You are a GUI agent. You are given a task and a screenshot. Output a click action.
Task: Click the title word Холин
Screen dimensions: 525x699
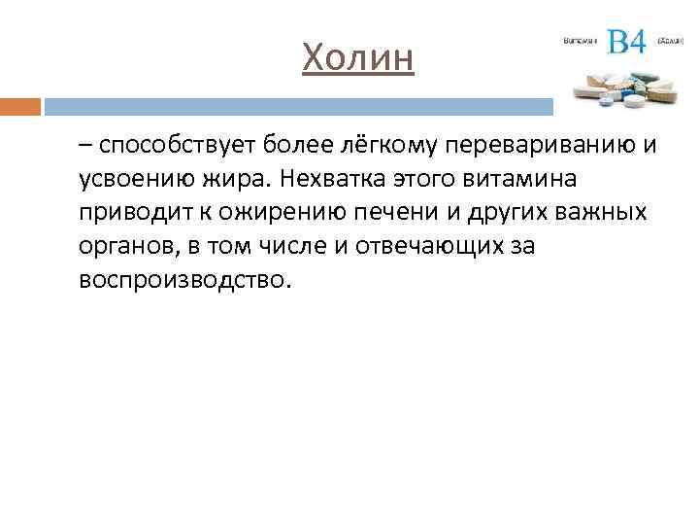(357, 57)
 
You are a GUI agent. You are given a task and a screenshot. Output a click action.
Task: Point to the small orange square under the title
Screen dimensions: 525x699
(19, 106)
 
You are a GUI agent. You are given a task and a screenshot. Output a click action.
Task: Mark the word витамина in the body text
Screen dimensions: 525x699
(524, 180)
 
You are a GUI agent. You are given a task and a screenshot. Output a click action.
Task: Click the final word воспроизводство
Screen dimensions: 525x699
(183, 279)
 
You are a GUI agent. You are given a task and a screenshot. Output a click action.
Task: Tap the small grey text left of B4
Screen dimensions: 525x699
(580, 42)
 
